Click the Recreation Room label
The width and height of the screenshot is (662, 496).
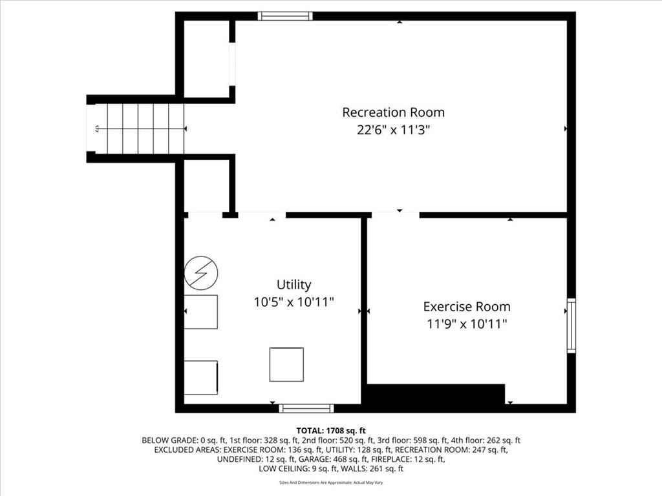[394, 112]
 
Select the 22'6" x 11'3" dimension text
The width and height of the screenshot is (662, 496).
[394, 130]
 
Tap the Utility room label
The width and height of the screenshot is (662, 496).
[294, 285]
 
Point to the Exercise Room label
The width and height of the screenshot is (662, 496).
[467, 306]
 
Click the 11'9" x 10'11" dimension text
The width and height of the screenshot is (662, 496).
[467, 324]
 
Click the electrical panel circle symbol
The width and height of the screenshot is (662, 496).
[202, 273]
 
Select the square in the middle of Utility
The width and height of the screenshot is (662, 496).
[286, 364]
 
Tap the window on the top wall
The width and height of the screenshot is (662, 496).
[285, 16]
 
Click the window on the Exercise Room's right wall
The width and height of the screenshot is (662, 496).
[571, 325]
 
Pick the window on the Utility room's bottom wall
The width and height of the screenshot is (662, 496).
[306, 408]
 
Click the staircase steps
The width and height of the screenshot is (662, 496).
[145, 129]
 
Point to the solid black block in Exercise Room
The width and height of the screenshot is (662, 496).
[435, 394]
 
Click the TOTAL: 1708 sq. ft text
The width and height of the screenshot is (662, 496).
[331, 431]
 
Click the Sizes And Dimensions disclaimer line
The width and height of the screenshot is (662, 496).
[331, 482]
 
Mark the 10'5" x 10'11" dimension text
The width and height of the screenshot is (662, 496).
[294, 302]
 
